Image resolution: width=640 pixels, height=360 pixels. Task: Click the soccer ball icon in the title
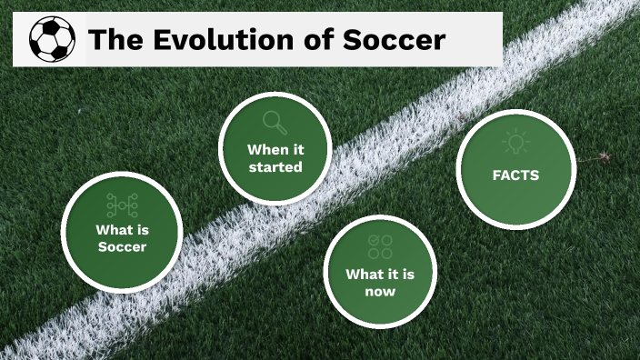click(x=52, y=39)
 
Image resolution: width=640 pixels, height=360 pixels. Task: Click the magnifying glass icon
click(x=274, y=122)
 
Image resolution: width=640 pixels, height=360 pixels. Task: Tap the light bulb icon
click(x=515, y=143)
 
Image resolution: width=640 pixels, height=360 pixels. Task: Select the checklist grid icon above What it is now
click(x=380, y=246)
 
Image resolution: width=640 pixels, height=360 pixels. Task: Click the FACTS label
click(x=515, y=175)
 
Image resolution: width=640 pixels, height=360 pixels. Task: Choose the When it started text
click(x=275, y=157)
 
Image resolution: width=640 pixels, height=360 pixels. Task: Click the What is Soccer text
click(x=122, y=238)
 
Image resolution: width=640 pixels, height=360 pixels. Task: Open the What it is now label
click(x=380, y=283)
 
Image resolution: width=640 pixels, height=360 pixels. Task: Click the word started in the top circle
click(x=275, y=167)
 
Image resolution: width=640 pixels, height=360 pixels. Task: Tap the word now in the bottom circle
click(x=380, y=292)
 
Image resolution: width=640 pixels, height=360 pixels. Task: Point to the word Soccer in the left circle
click(x=122, y=247)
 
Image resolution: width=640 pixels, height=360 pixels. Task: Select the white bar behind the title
click(x=482, y=39)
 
